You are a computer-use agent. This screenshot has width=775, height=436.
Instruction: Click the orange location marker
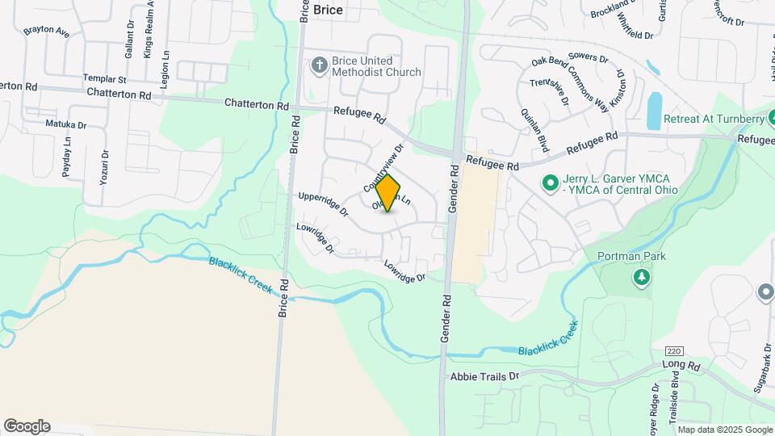pos(388,193)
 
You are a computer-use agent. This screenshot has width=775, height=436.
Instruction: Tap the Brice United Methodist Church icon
pos(320,65)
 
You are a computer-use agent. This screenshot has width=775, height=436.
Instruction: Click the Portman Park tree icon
pos(642,278)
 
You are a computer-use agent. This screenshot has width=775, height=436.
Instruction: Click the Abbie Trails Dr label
pos(484,376)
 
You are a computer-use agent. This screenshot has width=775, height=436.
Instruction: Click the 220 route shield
pos(673,351)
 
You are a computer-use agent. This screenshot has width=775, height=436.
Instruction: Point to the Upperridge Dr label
pos(323,204)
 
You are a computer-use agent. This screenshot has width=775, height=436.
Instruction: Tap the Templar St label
pos(105,80)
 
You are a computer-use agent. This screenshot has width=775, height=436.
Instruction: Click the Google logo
pos(27,426)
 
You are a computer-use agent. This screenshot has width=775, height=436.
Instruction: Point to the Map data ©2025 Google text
pos(724,430)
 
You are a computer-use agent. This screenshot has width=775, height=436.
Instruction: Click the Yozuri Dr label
pos(104,167)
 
